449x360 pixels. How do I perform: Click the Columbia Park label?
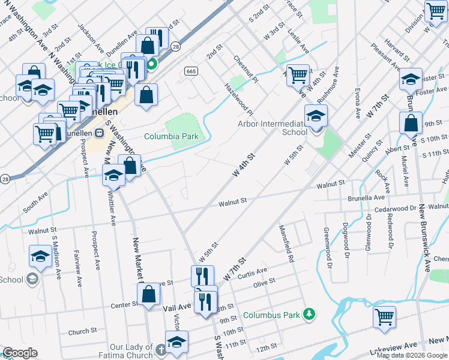click(x=171, y=136)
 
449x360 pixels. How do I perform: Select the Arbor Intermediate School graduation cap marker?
click(x=316, y=116)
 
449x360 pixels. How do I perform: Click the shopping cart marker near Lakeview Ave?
click(x=384, y=316)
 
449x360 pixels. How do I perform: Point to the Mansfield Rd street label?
click(x=286, y=244)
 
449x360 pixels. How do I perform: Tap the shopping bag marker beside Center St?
click(x=149, y=295)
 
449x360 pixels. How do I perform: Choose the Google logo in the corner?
click(x=20, y=353)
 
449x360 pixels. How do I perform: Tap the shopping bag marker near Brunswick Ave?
click(x=411, y=124)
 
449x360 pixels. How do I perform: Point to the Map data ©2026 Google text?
click(x=411, y=355)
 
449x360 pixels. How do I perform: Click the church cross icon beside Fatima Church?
click(x=160, y=349)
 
